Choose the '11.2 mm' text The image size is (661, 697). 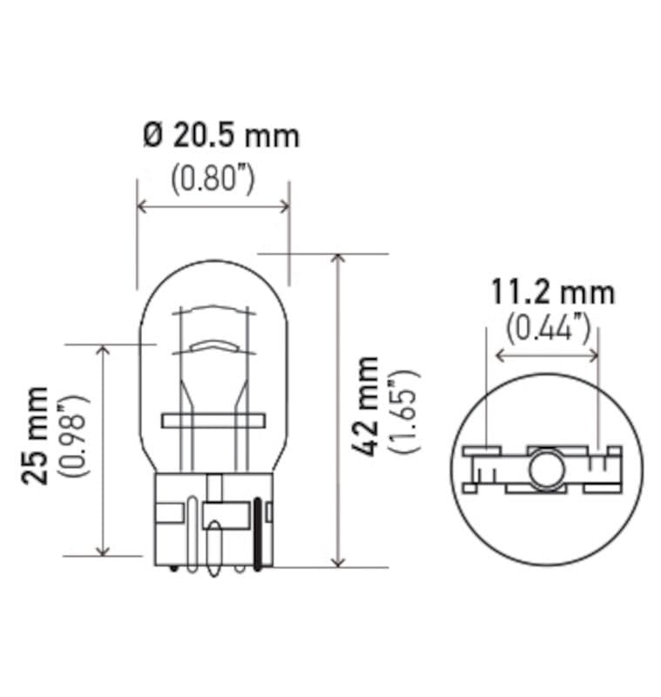pos(551,292)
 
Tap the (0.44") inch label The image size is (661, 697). pos(549,327)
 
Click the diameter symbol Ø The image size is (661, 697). pos(152,136)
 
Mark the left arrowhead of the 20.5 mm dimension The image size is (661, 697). pos(143,206)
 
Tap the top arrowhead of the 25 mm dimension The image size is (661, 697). pos(104,350)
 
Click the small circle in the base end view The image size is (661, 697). pos(546,467)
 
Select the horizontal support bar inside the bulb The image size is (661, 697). pos(211,421)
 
